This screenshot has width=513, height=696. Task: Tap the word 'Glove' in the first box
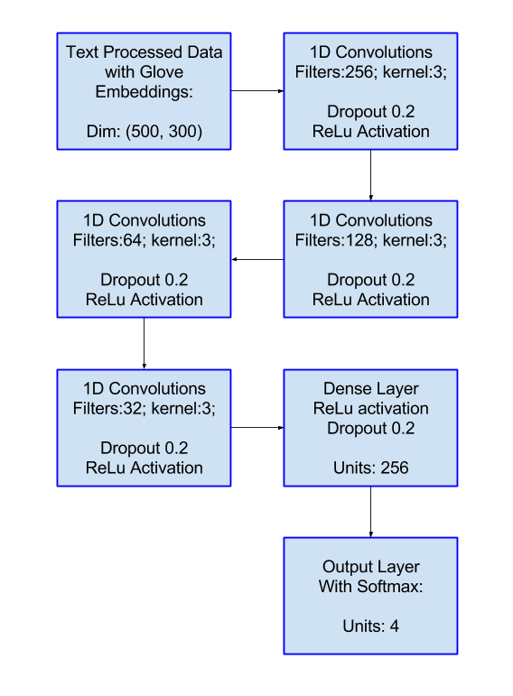point(163,72)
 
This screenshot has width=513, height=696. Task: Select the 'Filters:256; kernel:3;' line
point(371,72)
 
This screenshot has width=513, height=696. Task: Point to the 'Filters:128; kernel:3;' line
point(371,240)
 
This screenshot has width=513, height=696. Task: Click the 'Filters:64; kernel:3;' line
point(144,240)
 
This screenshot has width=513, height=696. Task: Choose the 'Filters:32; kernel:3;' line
point(144,408)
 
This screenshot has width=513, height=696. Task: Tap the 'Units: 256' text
point(371,468)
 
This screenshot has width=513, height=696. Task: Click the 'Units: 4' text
point(371,626)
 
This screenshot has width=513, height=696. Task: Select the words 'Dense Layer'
point(371,389)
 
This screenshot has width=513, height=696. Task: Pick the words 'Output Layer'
point(371,567)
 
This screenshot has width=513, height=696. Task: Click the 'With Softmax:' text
point(371,587)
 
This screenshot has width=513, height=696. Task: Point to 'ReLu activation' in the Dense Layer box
point(371,408)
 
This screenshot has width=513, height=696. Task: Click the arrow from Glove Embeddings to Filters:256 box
point(257,91)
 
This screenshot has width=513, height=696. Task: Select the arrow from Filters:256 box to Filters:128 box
point(371,175)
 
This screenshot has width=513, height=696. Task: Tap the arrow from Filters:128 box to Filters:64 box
point(257,259)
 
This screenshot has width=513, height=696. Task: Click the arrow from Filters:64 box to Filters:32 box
point(144,343)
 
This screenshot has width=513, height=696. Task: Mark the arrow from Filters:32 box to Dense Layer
point(257,428)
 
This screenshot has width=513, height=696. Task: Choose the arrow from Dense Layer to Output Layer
point(371,512)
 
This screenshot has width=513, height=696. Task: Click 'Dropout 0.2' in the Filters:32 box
point(144,448)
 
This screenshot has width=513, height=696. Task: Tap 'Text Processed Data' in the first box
point(144,52)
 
